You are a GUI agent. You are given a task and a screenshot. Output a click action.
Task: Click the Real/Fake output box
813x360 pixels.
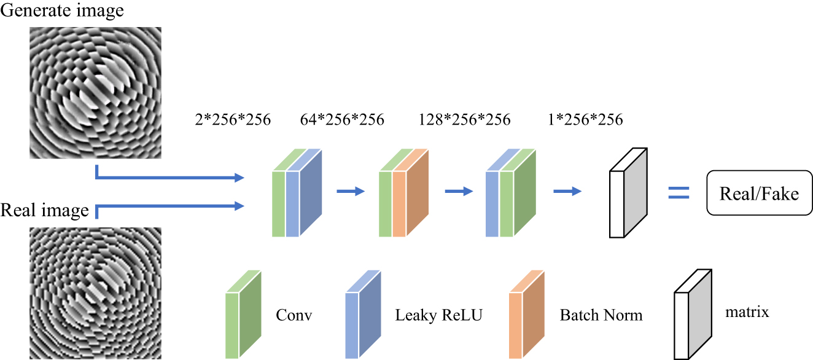click(x=759, y=194)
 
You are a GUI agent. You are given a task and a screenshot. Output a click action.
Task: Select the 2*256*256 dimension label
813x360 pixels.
click(x=231, y=119)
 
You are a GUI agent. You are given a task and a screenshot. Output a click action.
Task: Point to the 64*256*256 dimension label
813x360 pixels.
click(x=342, y=119)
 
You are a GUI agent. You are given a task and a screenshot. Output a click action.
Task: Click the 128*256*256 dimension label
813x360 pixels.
click(x=465, y=119)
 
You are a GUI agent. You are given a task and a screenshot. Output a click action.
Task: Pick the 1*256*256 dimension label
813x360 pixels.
click(x=585, y=119)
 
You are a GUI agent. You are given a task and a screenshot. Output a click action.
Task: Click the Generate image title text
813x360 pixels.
click(x=62, y=10)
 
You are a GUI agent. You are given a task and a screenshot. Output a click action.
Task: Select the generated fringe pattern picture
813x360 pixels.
click(x=95, y=92)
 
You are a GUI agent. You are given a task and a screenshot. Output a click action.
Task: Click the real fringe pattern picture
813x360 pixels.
click(x=95, y=293)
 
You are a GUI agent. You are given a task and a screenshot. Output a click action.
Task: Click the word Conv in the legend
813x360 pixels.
click(x=294, y=316)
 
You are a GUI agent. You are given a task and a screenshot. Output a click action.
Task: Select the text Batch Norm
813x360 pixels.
click(x=601, y=316)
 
